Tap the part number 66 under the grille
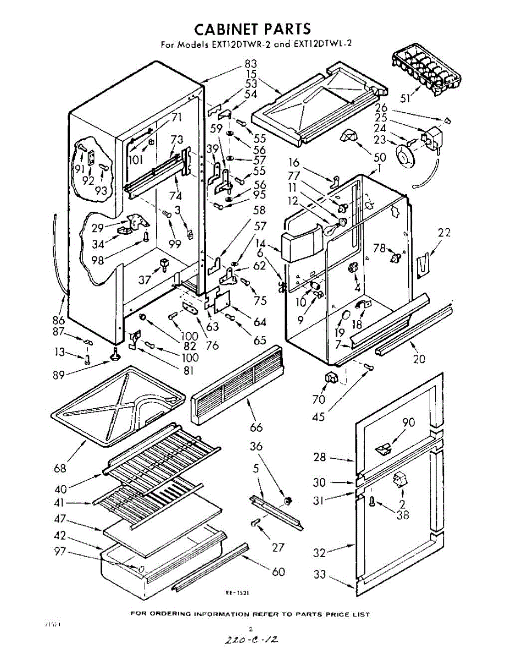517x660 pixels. (256, 427)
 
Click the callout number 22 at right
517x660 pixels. (444, 233)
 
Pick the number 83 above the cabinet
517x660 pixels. (251, 63)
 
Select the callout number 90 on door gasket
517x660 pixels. (408, 422)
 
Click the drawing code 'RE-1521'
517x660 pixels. (238, 593)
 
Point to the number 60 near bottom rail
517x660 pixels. (279, 571)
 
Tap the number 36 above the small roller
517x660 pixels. (257, 447)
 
